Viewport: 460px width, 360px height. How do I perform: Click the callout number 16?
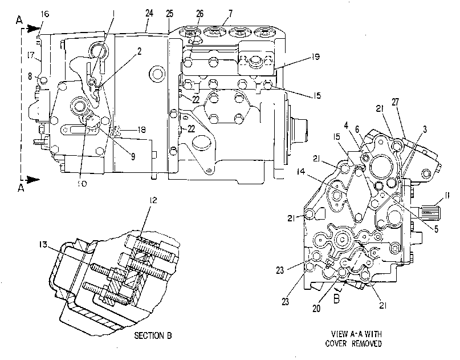coord(45,14)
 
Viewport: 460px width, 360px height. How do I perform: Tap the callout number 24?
coord(149,13)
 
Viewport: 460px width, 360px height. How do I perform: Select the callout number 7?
coord(230,13)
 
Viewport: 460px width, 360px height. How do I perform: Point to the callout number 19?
coord(315,56)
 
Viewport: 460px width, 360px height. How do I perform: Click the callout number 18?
coord(142,130)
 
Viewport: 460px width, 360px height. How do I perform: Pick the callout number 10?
coord(82,184)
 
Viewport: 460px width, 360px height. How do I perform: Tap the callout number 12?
coord(153,200)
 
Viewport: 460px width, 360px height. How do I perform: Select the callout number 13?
coord(43,244)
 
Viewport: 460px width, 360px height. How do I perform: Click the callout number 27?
coord(395,102)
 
